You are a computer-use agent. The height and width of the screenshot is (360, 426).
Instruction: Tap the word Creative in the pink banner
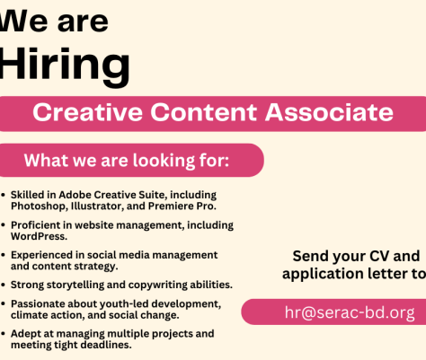pyautogui.click(x=87, y=112)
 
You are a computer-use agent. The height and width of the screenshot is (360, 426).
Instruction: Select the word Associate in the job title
pyautogui.click(x=329, y=112)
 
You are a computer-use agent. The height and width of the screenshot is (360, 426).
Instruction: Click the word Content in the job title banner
pyautogui.click(x=204, y=112)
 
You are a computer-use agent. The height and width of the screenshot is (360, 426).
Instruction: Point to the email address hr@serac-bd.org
pyautogui.click(x=350, y=312)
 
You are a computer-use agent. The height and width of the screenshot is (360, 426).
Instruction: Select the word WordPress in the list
pyautogui.click(x=39, y=236)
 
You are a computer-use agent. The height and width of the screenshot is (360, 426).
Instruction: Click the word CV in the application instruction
pyautogui.click(x=379, y=256)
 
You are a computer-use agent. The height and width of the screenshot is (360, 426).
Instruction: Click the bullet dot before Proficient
pyautogui.click(x=3, y=225)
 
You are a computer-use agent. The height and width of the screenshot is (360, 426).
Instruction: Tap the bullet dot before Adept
pyautogui.click(x=3, y=334)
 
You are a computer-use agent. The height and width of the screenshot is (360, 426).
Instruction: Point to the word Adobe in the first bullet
pyautogui.click(x=75, y=195)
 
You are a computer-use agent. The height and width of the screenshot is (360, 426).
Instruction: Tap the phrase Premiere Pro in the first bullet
pyautogui.click(x=182, y=206)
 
